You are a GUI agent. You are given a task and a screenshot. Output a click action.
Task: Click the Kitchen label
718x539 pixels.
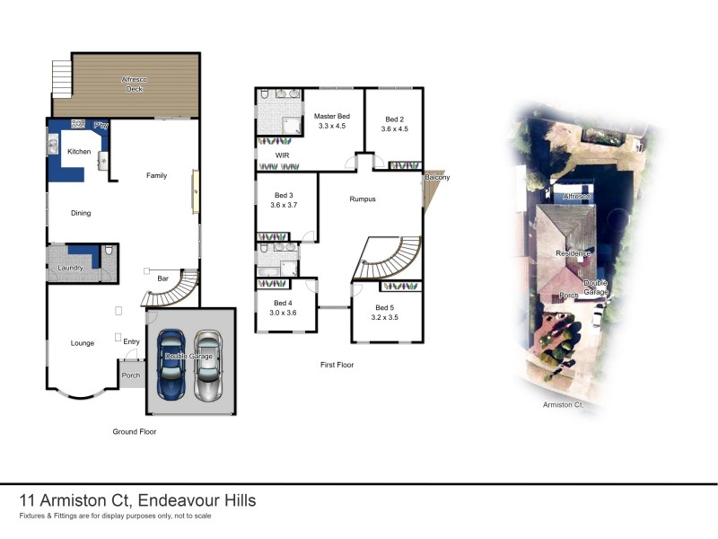tap(79, 152)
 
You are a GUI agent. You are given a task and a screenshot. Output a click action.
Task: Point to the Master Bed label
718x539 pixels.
tap(331, 117)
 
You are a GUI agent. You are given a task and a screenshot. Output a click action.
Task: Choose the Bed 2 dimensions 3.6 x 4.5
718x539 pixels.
tap(395, 129)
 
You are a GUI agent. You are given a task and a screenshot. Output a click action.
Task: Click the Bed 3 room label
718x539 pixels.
tap(283, 196)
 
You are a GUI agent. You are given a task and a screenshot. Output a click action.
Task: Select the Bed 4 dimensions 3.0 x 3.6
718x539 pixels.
tap(283, 312)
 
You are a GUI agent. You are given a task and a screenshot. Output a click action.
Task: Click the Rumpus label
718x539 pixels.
tap(363, 199)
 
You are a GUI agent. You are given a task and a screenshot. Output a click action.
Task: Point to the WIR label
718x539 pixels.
tap(268, 155)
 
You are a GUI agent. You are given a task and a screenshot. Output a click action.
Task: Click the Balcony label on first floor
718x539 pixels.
tap(437, 177)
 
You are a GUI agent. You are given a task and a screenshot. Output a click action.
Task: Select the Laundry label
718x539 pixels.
tap(70, 268)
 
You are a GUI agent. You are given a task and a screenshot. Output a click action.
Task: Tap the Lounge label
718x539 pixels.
tap(83, 342)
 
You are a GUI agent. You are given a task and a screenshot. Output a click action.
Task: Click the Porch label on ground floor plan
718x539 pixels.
tap(131, 376)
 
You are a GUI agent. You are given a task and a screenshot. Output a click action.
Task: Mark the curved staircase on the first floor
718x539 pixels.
tap(388, 261)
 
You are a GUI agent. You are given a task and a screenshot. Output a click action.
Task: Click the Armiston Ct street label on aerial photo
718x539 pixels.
tap(563, 406)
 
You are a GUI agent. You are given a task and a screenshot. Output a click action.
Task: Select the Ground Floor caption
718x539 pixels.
tap(135, 431)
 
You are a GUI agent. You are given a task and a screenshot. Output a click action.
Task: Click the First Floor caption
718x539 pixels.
tap(337, 365)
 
